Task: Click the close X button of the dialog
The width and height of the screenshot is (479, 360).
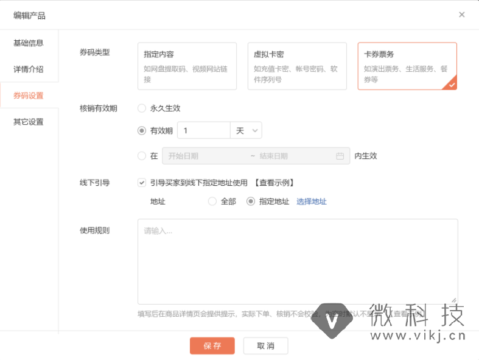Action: [462, 15]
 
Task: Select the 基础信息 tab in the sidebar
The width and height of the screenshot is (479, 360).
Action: [29, 43]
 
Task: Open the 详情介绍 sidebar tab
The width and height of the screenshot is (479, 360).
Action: [29, 69]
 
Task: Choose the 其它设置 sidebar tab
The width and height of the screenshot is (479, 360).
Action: [29, 122]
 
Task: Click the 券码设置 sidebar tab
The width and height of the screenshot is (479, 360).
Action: [29, 96]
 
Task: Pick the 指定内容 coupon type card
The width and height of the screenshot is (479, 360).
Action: [187, 66]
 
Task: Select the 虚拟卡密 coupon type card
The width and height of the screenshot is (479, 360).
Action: [297, 66]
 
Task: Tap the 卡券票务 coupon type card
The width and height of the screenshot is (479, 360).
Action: [407, 66]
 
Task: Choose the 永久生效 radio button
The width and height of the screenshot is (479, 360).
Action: [142, 108]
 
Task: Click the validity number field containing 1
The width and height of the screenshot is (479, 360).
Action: [203, 130]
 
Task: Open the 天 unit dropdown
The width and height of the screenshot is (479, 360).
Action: [246, 130]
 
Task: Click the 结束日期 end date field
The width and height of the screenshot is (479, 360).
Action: [286, 156]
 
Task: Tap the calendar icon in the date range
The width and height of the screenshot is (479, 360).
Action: [340, 156]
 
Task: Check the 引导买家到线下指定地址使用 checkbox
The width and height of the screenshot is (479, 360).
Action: [142, 182]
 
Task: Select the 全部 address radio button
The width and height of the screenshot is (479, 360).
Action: [212, 202]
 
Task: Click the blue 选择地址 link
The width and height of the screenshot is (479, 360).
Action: [312, 202]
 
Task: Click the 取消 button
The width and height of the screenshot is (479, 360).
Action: [265, 346]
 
